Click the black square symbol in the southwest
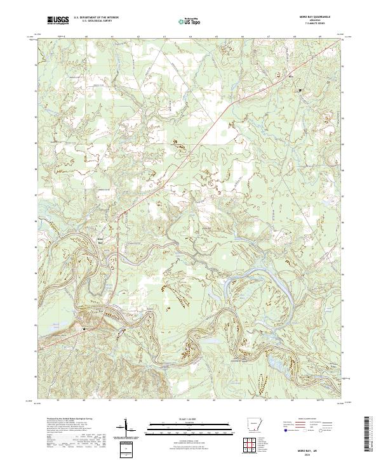point(84,329)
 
